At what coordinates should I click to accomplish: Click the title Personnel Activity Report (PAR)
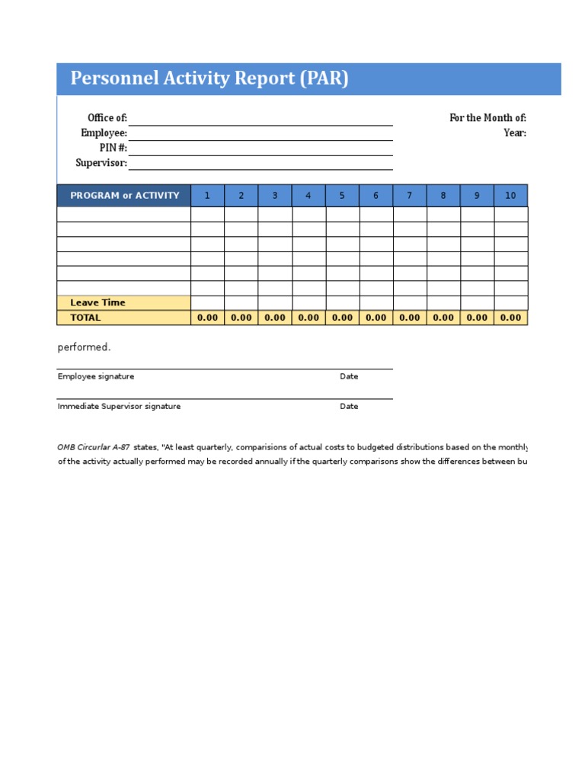point(209,78)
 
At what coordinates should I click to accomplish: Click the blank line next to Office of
point(261,119)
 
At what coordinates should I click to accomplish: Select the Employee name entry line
point(261,133)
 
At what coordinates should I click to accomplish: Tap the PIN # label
point(113,148)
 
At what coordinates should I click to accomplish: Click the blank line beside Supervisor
point(261,163)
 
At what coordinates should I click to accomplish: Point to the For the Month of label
point(487,118)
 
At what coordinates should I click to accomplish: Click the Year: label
point(515,133)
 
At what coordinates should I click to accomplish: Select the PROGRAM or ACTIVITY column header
point(124,196)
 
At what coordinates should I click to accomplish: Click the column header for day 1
point(207,196)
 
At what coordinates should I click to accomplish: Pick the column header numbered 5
point(342,196)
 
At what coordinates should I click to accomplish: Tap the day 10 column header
point(510,196)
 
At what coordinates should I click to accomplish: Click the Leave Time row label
point(97,303)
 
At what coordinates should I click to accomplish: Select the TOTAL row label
point(85,318)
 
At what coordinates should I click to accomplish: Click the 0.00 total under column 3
point(275,318)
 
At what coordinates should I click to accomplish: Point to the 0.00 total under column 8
point(443,318)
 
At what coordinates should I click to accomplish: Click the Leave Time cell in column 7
point(410,303)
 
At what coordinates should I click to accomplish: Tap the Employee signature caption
point(96,376)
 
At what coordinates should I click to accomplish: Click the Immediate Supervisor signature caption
point(119,407)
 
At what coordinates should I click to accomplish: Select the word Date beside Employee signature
point(349,376)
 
